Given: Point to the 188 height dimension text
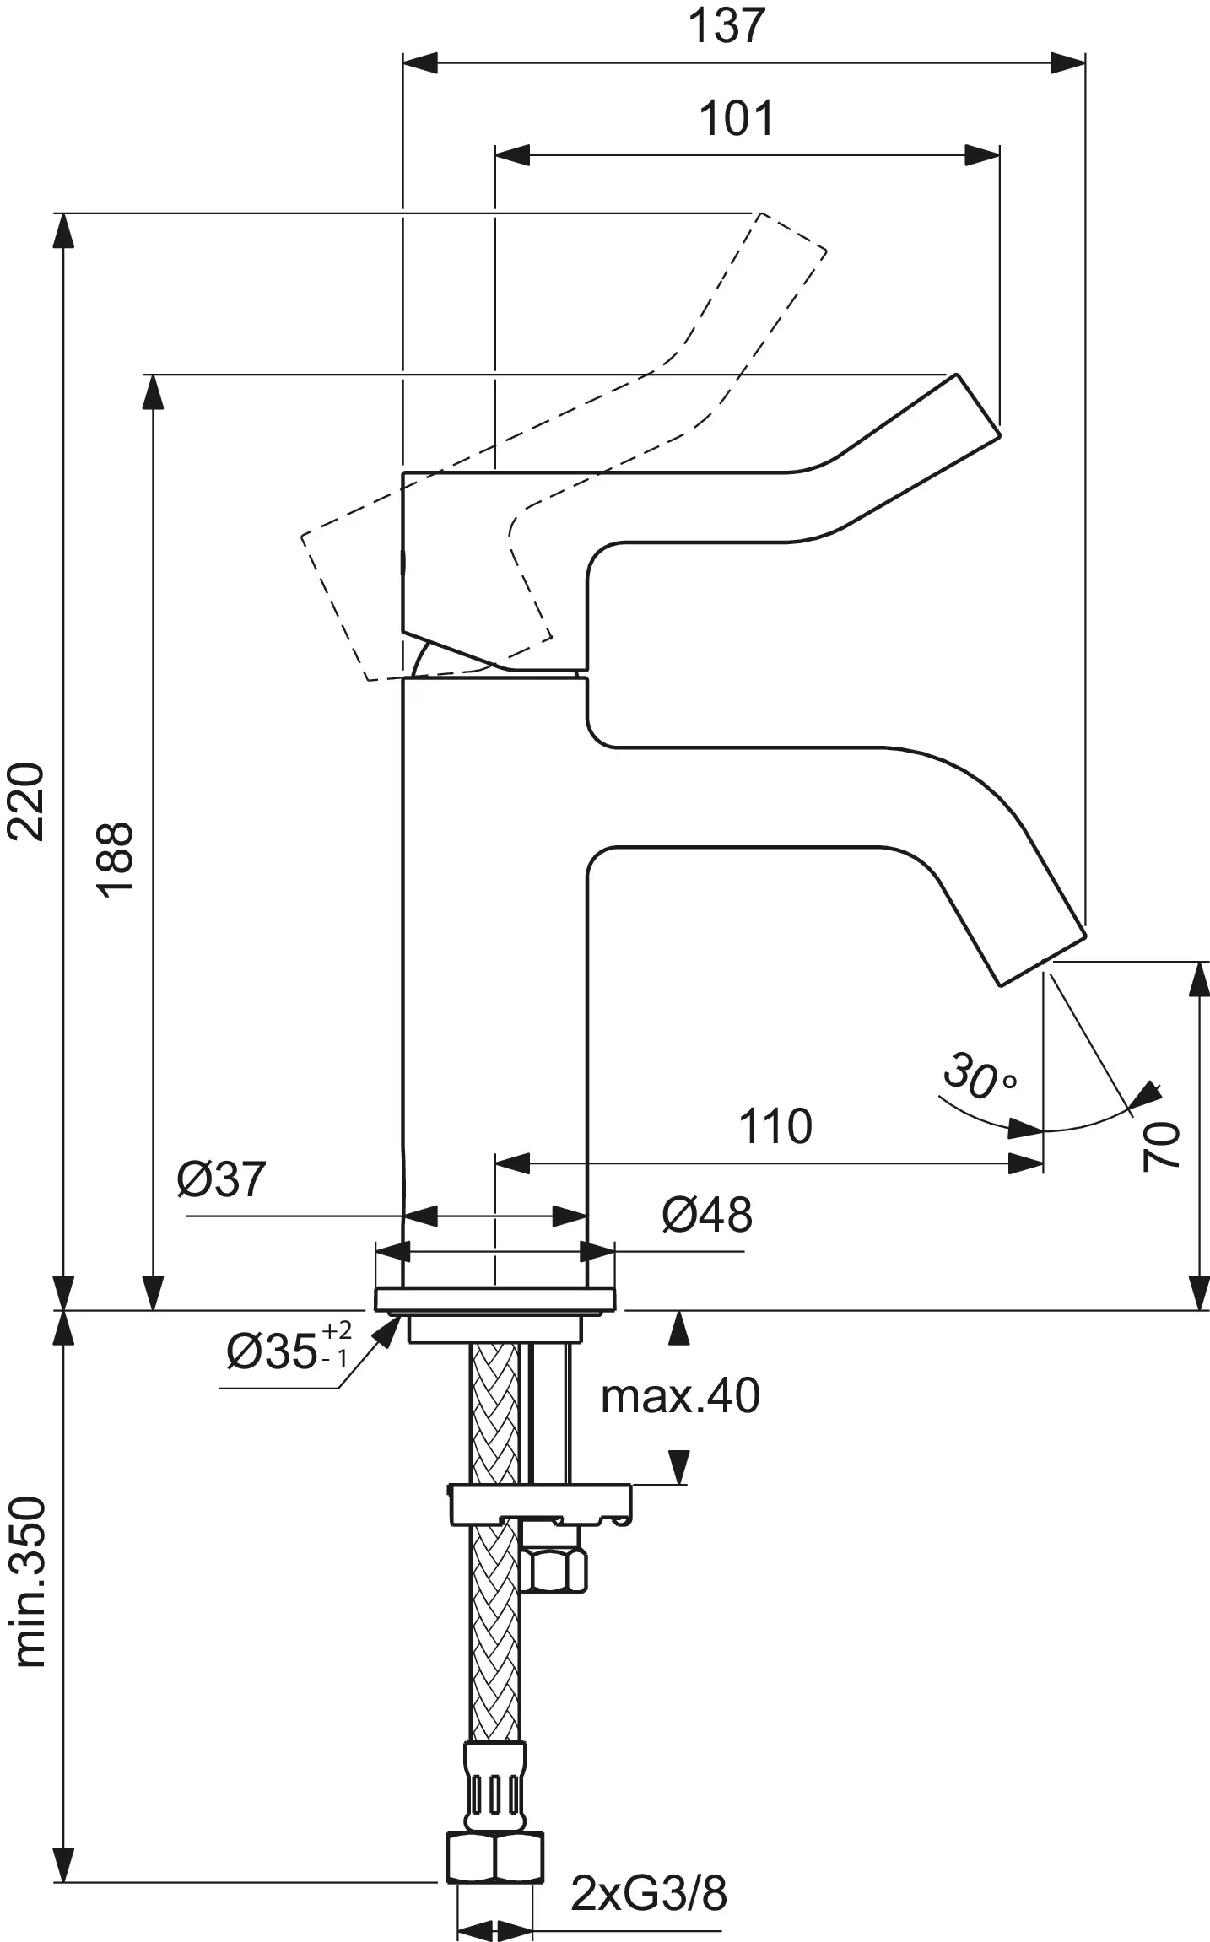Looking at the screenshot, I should [115, 859].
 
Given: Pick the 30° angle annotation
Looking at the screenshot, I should [979, 1077].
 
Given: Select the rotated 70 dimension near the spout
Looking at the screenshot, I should [1161, 1146].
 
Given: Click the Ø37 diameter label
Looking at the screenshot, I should [221, 1179].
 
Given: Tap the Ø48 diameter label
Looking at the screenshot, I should [706, 1215].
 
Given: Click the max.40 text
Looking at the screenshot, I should [680, 1395].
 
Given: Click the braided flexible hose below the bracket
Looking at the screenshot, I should [495, 1645].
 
